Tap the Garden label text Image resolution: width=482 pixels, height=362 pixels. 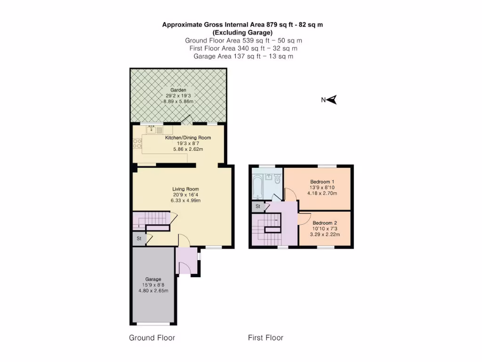click(x=178, y=90)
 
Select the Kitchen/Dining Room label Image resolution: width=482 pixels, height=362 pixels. click(x=188, y=138)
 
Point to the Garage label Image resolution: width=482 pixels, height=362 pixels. click(x=153, y=279)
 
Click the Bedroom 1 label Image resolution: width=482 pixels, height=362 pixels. click(x=322, y=181)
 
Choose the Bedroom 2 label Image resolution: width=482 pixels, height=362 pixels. click(x=325, y=223)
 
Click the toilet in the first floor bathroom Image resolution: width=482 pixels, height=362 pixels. click(x=277, y=180)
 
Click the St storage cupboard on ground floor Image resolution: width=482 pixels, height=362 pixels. click(x=139, y=239)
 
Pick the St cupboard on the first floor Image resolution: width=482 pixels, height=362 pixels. click(x=258, y=206)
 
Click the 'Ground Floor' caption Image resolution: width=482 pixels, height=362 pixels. click(x=152, y=338)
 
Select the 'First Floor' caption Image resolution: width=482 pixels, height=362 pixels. click(x=265, y=338)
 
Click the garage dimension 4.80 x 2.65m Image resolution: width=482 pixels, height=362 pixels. click(x=153, y=291)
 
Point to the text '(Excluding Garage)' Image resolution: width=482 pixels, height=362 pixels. click(x=242, y=33)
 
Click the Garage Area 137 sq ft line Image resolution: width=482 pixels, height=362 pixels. click(x=243, y=56)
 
